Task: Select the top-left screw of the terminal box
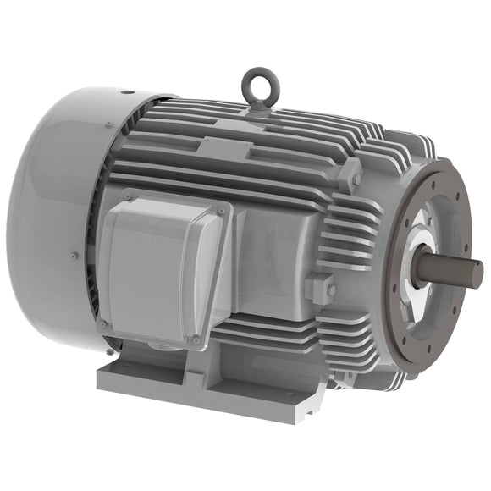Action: pos(127,198)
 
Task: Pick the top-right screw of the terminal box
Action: pos(223,208)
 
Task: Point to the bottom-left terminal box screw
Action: pos(102,323)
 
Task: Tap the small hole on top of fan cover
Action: pos(124,92)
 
